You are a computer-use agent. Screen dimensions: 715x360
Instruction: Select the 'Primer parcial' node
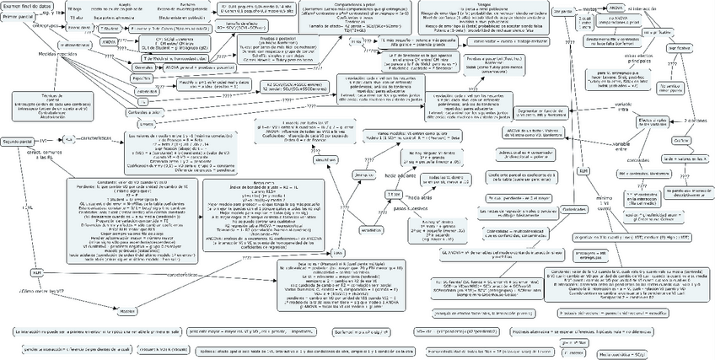coord(19,17)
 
